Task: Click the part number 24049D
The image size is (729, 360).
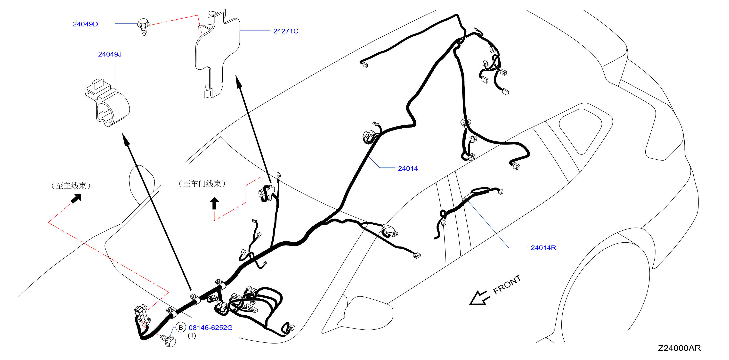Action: point(85,24)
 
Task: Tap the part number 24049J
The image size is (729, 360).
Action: point(110,54)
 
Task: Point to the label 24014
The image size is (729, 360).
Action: point(408,168)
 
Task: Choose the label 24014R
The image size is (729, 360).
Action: point(543,248)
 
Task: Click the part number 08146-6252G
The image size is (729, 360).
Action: point(211,327)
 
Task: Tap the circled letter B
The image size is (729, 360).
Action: point(180,327)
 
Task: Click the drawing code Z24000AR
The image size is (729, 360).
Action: point(679,348)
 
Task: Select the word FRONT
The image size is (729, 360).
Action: point(507,284)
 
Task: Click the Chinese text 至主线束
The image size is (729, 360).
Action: point(71,186)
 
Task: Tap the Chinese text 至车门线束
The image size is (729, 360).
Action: point(202,184)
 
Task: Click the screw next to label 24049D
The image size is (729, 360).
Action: point(144,26)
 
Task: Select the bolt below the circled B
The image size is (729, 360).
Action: point(168,341)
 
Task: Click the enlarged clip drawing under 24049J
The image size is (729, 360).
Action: point(107,103)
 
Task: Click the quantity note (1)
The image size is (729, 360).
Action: point(192,335)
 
